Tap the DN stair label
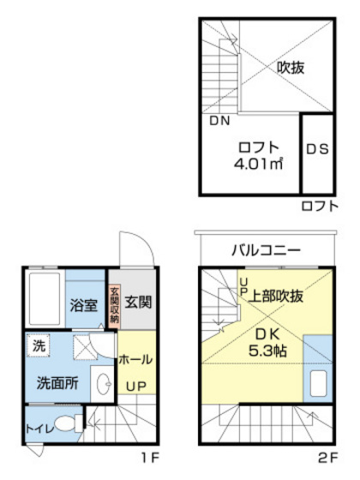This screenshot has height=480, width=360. (219, 121)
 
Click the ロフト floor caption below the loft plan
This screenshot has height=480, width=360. (321, 207)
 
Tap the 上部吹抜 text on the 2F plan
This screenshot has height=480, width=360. (276, 296)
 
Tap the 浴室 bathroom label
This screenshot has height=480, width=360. (83, 305)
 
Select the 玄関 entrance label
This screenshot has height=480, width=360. (137, 303)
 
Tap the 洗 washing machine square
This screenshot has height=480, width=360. (39, 346)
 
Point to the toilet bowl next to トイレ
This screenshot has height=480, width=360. (69, 423)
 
